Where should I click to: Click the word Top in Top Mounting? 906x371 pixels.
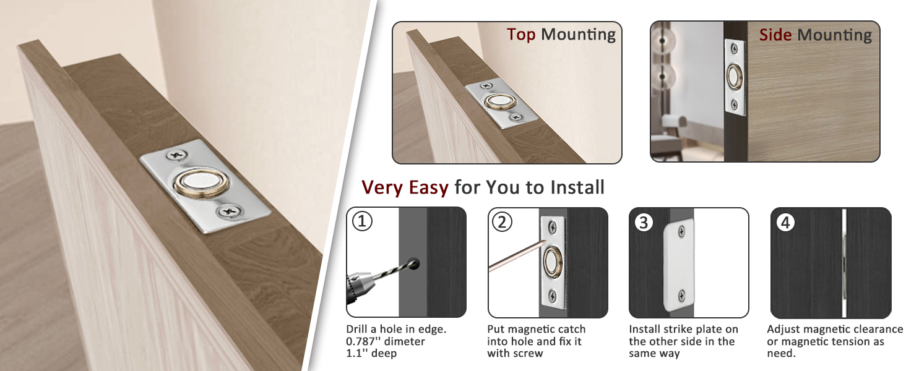point(521,35)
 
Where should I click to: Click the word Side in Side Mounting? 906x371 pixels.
point(775,35)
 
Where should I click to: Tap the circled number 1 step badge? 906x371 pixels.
point(362,221)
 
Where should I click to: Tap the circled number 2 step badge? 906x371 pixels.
point(502,222)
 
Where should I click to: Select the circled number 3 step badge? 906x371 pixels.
point(644,222)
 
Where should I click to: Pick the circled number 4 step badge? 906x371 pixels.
point(785,222)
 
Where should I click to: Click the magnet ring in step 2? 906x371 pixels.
point(551,262)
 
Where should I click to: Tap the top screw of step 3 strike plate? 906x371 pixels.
point(681,232)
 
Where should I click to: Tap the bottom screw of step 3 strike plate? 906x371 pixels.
point(681,296)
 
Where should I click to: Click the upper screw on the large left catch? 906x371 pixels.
point(177,155)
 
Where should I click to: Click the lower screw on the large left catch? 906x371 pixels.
point(230,211)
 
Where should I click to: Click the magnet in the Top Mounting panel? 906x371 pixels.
point(500,101)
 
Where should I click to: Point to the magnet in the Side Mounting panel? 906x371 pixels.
point(735,77)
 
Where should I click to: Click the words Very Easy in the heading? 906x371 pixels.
point(405,187)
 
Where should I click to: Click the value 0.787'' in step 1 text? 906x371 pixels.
point(366,341)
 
